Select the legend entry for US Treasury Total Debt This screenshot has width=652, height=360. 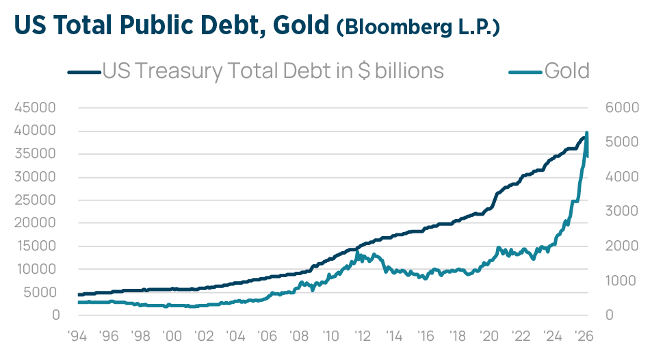(x=272, y=70)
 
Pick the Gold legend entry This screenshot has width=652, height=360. (x=566, y=70)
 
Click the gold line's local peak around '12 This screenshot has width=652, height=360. (x=358, y=253)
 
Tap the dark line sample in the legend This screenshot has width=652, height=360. (x=83, y=70)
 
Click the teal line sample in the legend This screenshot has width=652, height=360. (x=526, y=70)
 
